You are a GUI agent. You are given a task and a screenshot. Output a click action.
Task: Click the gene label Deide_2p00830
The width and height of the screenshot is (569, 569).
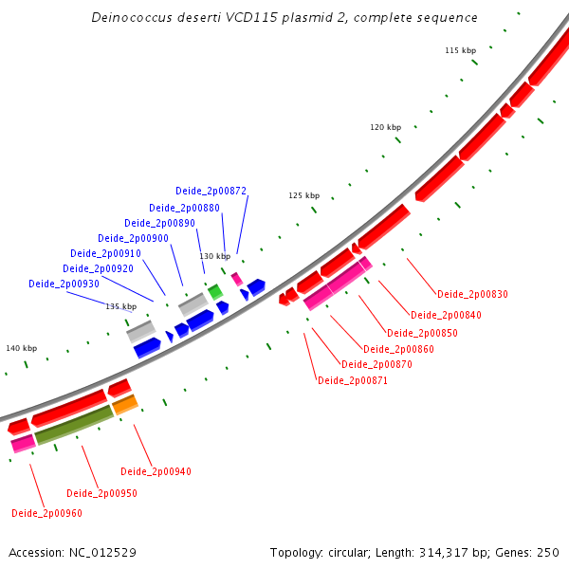(472, 294)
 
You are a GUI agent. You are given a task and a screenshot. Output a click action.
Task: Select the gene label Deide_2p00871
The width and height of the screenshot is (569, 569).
(353, 380)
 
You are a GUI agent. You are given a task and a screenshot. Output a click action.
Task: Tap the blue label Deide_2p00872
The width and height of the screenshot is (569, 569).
(211, 192)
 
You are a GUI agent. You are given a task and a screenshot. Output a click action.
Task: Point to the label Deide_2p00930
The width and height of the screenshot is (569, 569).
(64, 284)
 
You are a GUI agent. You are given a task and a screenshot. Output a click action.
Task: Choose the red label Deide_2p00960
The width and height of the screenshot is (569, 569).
(46, 513)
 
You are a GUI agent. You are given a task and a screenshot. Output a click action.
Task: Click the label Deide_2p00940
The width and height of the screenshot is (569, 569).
(156, 471)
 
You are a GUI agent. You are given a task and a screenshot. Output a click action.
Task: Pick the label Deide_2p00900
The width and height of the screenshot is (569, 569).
(133, 238)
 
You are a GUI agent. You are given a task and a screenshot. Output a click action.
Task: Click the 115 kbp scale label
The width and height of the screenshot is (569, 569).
(460, 50)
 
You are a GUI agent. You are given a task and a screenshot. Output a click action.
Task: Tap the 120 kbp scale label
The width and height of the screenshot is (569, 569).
(386, 127)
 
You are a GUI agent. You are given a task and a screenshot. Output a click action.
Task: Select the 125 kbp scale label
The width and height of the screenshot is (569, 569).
(304, 195)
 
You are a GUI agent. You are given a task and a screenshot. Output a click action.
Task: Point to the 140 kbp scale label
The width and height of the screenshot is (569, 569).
(22, 348)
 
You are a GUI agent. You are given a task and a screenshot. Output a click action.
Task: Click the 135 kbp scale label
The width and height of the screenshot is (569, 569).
(120, 306)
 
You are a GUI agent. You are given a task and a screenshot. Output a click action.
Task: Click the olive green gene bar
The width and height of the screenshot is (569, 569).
(74, 425)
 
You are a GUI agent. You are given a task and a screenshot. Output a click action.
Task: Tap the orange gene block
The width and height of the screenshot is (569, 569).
(125, 405)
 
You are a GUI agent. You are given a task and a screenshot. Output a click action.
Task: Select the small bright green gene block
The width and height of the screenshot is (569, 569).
(215, 292)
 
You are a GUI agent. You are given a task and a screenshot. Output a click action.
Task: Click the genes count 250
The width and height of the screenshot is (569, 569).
(548, 552)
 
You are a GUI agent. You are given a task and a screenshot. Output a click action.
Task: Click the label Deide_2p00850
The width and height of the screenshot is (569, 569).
(422, 333)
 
